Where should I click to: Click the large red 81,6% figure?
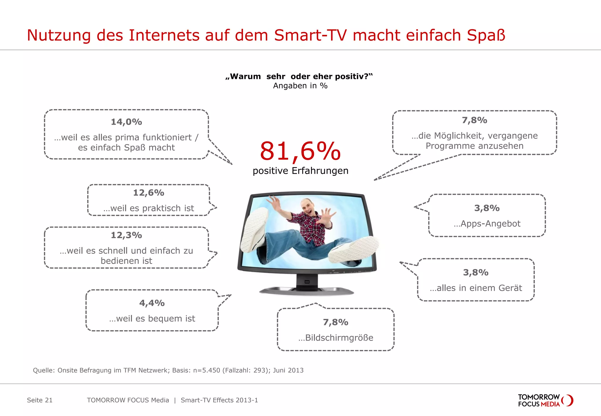pyautogui.click(x=300, y=151)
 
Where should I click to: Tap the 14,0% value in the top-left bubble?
pyautogui.click(x=126, y=122)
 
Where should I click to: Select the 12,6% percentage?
pyautogui.click(x=148, y=193)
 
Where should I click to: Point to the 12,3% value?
pyautogui.click(x=126, y=235)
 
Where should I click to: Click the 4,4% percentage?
pyautogui.click(x=152, y=303)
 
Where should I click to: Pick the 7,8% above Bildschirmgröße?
pyautogui.click(x=335, y=322)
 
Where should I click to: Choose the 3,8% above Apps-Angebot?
pyautogui.click(x=487, y=208)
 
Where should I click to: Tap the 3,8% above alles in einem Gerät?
pyautogui.click(x=476, y=273)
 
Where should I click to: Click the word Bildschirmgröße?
pyautogui.click(x=339, y=338)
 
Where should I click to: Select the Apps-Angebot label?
pyautogui.click(x=490, y=224)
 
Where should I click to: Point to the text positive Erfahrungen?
pyautogui.click(x=300, y=171)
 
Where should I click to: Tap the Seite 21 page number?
pyautogui.click(x=40, y=400)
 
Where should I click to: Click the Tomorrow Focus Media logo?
pyautogui.click(x=545, y=400)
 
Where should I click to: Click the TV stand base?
pyautogui.click(x=307, y=291)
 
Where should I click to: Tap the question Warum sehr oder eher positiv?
pyautogui.click(x=299, y=77)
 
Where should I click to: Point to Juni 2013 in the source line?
pyautogui.click(x=288, y=370)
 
